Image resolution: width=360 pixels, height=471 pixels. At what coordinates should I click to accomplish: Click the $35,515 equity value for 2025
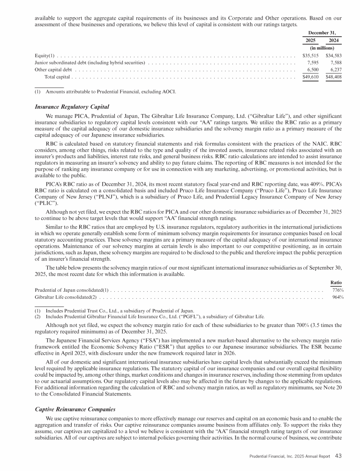tap(307, 56)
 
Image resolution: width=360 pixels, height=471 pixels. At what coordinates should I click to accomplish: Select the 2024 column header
tap(334, 41)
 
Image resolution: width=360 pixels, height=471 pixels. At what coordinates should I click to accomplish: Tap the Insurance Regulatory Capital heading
tap(72, 106)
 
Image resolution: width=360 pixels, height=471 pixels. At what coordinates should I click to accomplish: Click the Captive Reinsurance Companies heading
tap(75, 409)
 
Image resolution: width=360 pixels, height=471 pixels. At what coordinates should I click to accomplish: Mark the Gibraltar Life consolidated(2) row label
tap(66, 297)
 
